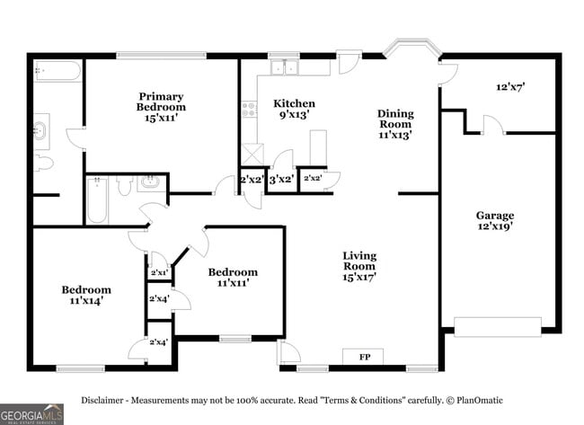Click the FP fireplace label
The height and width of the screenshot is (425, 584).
[x=365, y=357]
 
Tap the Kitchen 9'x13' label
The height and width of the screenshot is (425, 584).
[x=294, y=109]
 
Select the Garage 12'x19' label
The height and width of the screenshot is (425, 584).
[x=495, y=220]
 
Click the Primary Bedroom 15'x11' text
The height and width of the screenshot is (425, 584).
[x=161, y=107]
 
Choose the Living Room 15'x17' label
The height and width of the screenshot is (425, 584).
[x=359, y=266]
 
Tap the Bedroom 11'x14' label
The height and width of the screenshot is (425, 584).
[x=86, y=295]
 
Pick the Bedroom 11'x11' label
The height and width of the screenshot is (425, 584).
[x=233, y=277]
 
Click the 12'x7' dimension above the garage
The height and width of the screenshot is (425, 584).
[x=510, y=87]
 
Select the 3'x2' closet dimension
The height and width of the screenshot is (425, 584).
[x=282, y=180]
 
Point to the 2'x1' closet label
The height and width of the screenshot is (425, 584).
[x=159, y=272]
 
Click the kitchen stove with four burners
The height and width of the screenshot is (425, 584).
[x=249, y=110]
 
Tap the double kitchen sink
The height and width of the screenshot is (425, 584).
[x=284, y=67]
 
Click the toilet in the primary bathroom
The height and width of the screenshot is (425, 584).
[x=43, y=164]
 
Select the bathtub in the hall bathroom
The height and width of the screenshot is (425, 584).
[x=97, y=200]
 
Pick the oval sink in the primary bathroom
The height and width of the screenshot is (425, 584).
[x=40, y=131]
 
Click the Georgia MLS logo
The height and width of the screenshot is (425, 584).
[x=31, y=414]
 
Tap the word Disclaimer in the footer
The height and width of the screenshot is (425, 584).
[x=102, y=401]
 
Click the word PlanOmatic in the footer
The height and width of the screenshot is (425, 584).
[x=480, y=401]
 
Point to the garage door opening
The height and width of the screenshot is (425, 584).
[x=498, y=327]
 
